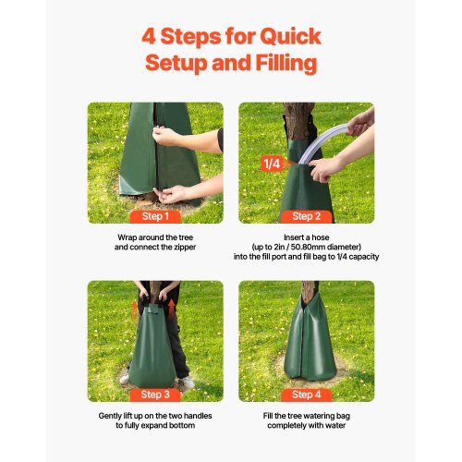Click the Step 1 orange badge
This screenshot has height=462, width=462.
coord(154,216)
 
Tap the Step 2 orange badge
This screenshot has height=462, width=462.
coord(305,216)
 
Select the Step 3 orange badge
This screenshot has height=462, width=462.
coord(154,395)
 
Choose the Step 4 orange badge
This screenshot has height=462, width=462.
coord(305,395)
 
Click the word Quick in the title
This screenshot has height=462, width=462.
coord(289,38)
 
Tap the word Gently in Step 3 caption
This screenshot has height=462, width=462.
coord(112,416)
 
